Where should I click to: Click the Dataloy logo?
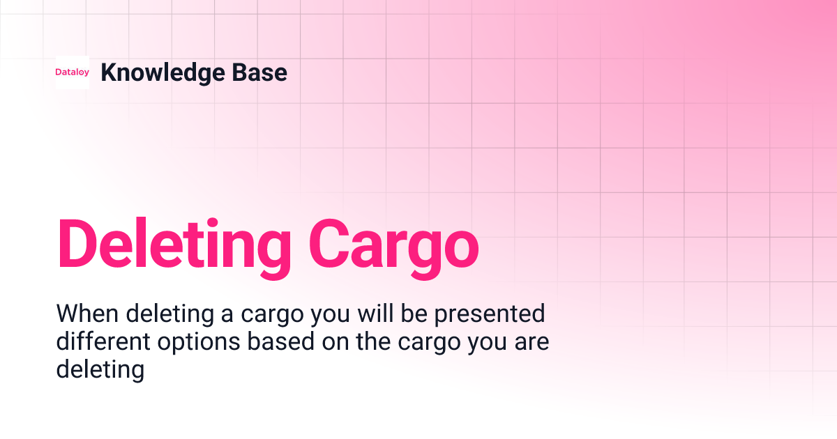(73, 72)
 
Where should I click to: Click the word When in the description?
(87, 314)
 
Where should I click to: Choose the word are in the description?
(529, 342)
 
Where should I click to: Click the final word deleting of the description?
(100, 369)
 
